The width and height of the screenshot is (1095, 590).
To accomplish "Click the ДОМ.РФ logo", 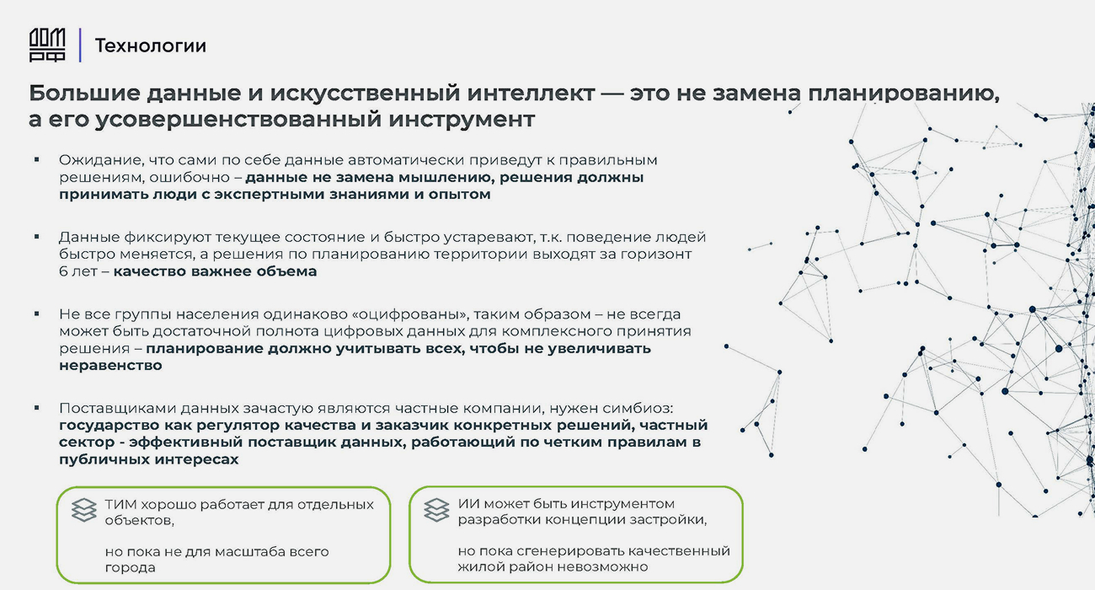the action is [x=47, y=45].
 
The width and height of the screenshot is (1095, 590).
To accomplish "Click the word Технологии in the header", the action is [x=151, y=46].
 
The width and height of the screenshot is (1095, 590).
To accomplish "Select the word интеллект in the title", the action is [x=531, y=93].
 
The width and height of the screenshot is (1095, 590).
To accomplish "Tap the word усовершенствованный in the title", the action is [x=238, y=120].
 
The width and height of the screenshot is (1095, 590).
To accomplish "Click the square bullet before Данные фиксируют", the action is [x=37, y=237].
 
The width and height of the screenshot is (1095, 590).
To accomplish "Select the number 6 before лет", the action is [x=62, y=271].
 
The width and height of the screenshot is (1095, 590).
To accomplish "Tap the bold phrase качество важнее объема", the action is [x=215, y=271].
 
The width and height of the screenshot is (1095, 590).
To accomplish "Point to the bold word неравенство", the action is [x=110, y=366].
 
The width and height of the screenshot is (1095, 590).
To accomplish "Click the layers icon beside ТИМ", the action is [x=84, y=510].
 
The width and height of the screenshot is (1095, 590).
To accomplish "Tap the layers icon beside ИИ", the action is [x=436, y=510].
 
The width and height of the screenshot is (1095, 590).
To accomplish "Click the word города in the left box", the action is [x=130, y=568].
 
